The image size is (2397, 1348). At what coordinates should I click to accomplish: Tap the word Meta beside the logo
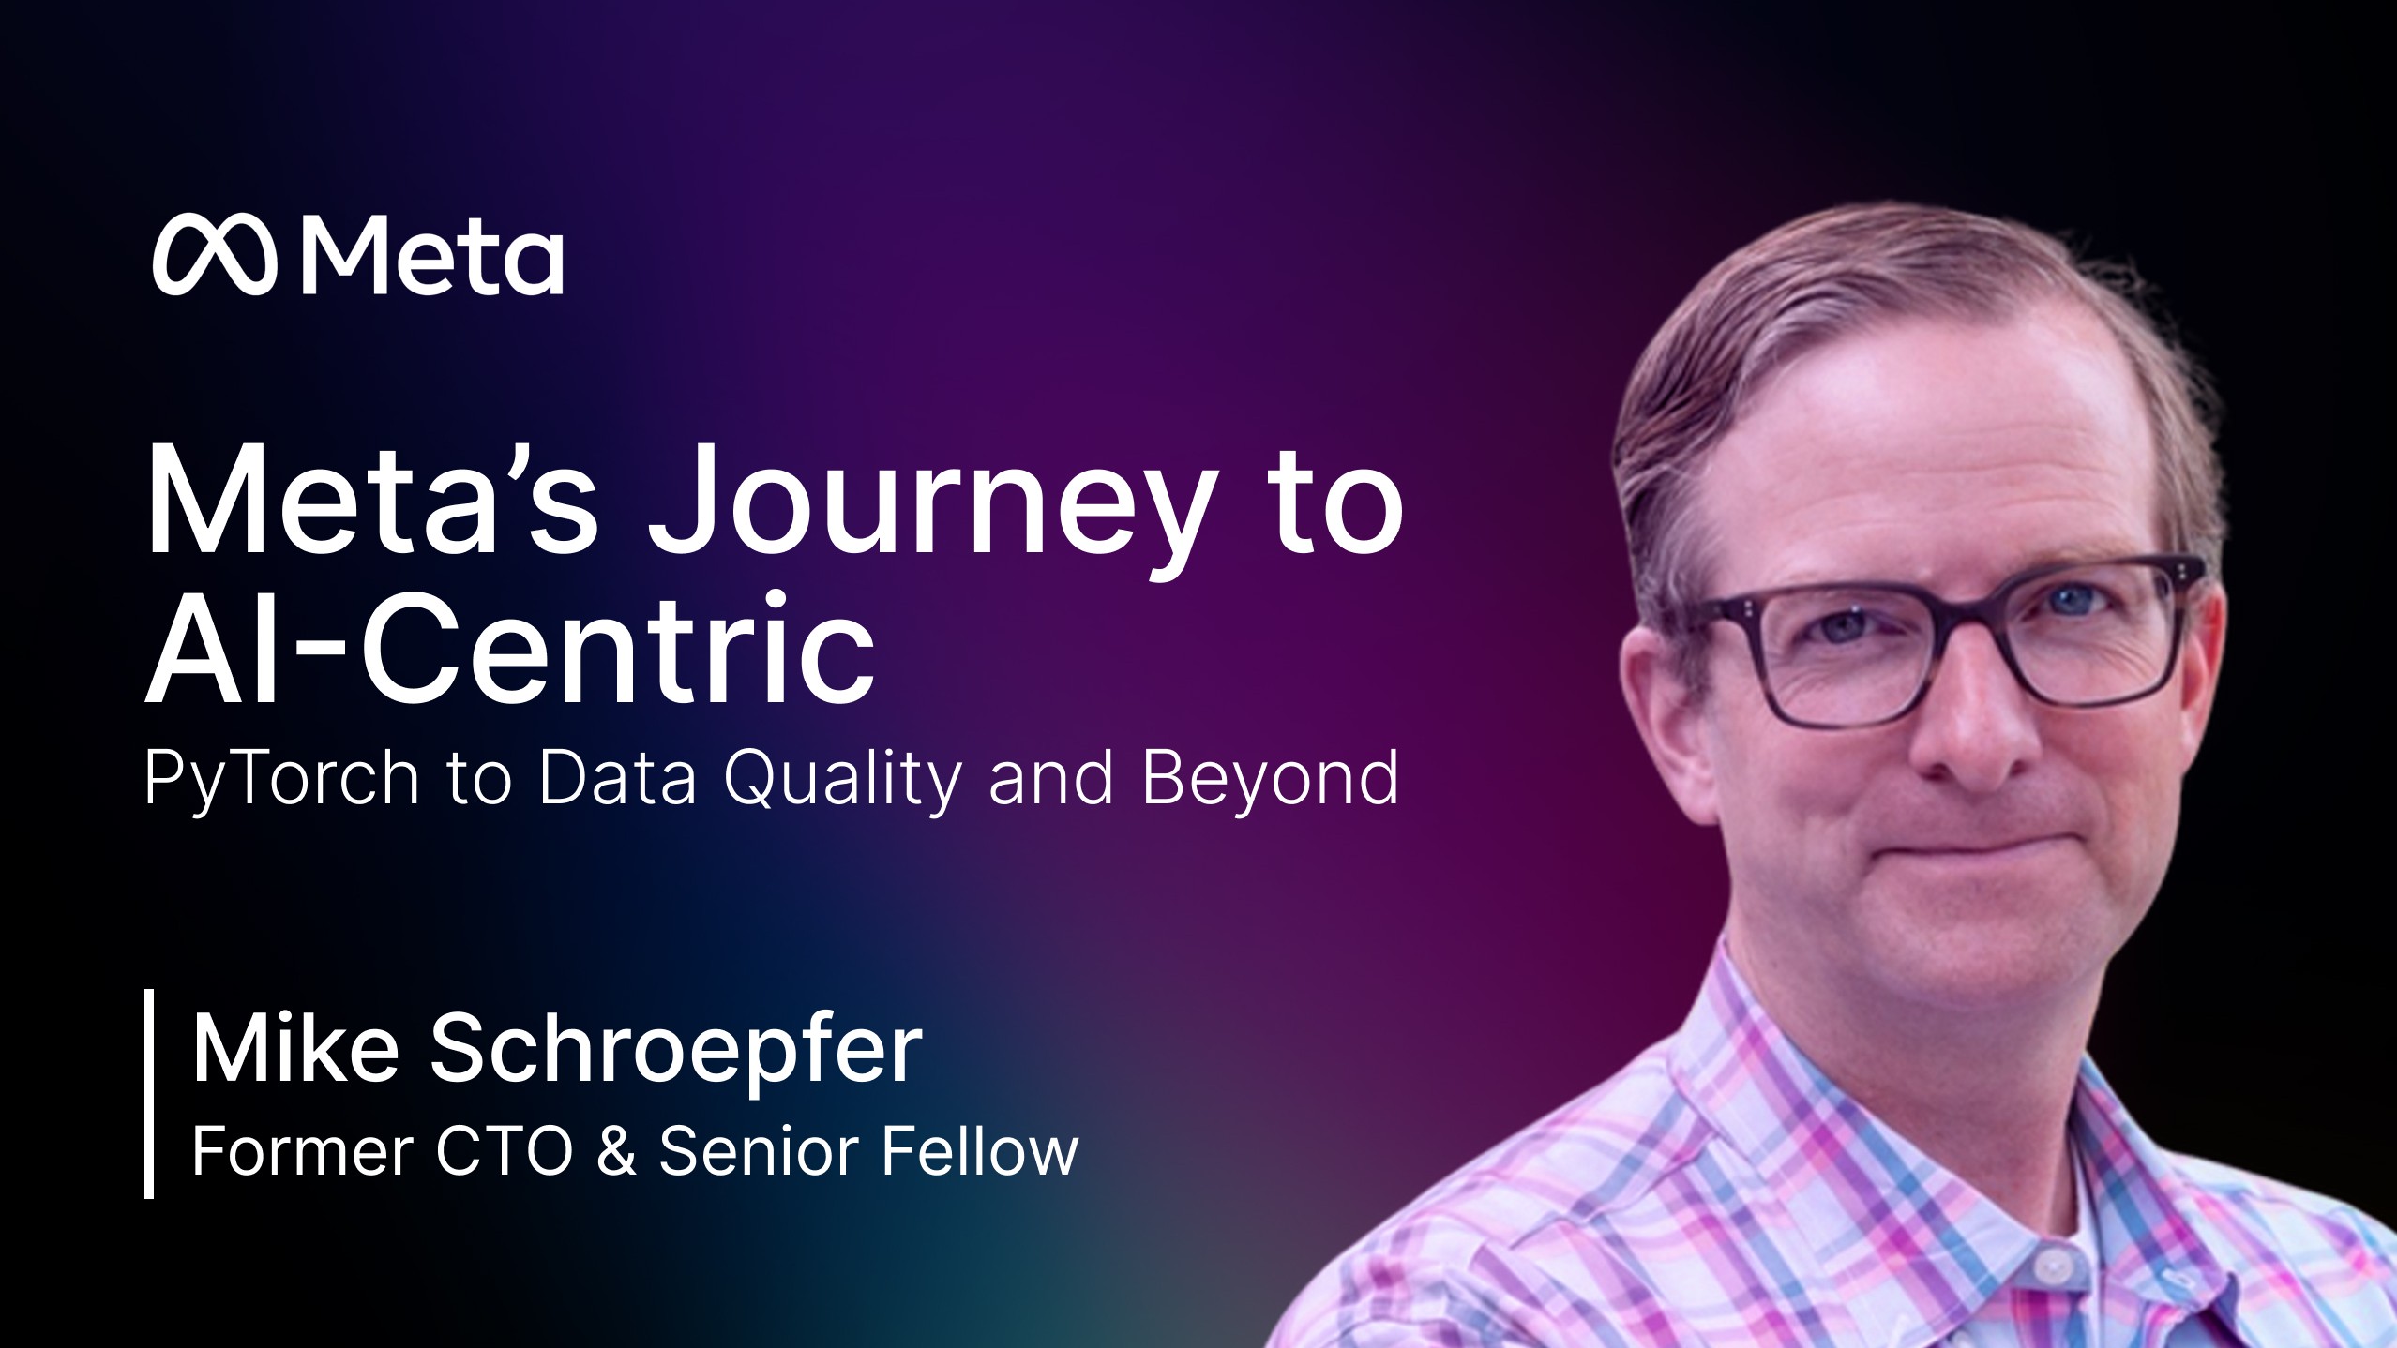tap(432, 255)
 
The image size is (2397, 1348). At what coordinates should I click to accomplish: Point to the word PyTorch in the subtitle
tap(281, 778)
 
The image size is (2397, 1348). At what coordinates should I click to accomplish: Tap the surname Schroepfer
tap(675, 1050)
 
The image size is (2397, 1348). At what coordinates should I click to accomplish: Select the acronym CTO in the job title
tap(504, 1151)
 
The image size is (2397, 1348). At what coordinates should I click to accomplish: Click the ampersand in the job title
tap(615, 1151)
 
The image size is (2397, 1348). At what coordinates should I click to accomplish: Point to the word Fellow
tap(980, 1151)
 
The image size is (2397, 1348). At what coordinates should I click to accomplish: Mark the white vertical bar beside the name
tap(149, 1093)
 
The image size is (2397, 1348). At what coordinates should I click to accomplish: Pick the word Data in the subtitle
tap(617, 778)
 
